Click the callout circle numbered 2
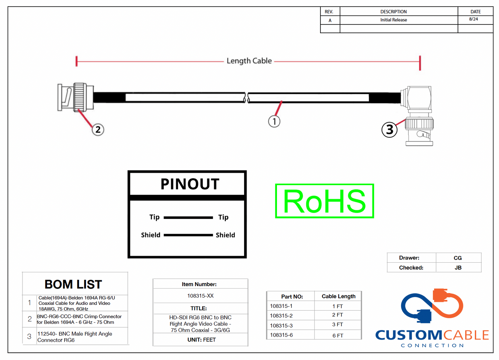pyautogui.click(x=98, y=130)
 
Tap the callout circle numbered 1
pyautogui.click(x=274, y=121)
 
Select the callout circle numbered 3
pyautogui.click(x=389, y=130)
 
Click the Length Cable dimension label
pyautogui.click(x=249, y=61)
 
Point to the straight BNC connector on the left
pyautogui.click(x=75, y=97)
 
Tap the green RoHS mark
pyautogui.click(x=324, y=201)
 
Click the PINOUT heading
pyautogui.click(x=190, y=184)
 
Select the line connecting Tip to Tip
pyautogui.click(x=188, y=217)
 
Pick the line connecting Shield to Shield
pyautogui.click(x=188, y=235)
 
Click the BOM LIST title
pyautogui.click(x=73, y=284)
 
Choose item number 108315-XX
pyautogui.click(x=200, y=296)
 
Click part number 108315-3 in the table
pyautogui.click(x=281, y=325)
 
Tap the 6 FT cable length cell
pyautogui.click(x=338, y=335)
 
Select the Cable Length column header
pyautogui.click(x=338, y=296)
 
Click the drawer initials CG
pyautogui.click(x=458, y=258)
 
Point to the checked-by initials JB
pyautogui.click(x=458, y=267)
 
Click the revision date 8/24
pyautogui.click(x=473, y=19)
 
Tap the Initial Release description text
pyautogui.click(x=394, y=20)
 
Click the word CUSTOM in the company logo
pyautogui.click(x=409, y=335)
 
